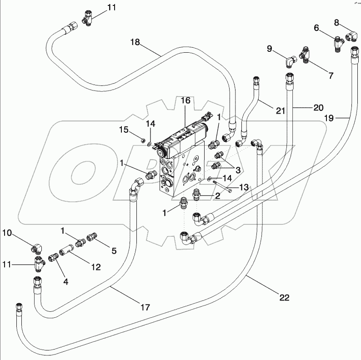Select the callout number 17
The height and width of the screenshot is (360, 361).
coord(145,308)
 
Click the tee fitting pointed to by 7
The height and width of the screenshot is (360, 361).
coord(306,56)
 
